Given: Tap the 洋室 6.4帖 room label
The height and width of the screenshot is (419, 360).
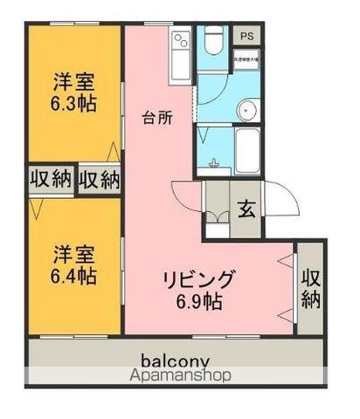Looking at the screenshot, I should [x=73, y=265].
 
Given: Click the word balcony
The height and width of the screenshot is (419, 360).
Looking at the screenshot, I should [x=175, y=360].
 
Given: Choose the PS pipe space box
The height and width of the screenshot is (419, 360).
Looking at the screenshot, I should [x=248, y=36].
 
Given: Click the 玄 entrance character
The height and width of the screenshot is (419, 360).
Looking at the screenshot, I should [x=246, y=209].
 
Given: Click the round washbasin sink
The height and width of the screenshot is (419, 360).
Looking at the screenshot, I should [x=247, y=110].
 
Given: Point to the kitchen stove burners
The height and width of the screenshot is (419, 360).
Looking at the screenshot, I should [x=182, y=39].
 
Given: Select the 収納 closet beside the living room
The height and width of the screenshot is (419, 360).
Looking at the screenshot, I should [x=310, y=288].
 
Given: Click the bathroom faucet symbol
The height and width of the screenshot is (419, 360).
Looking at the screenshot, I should [x=214, y=162].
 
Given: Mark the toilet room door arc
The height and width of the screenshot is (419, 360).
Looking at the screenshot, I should [x=210, y=92].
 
